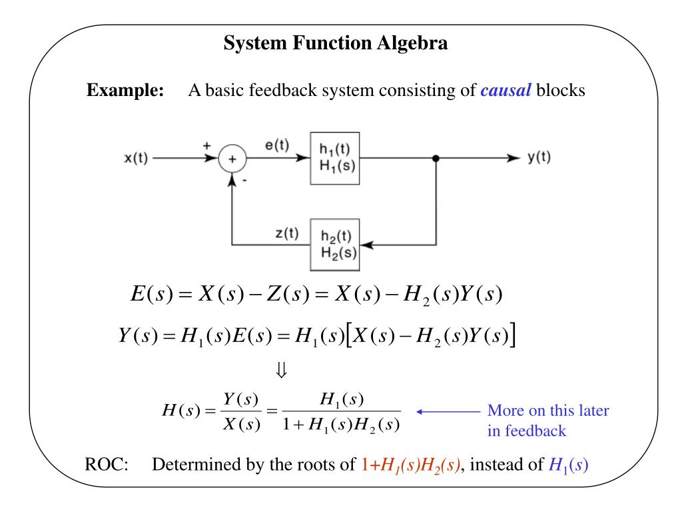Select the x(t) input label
point(137,159)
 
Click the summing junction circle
point(233,160)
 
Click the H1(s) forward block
point(335,159)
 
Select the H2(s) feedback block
point(335,245)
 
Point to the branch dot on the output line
point(436,159)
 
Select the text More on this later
point(548,411)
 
